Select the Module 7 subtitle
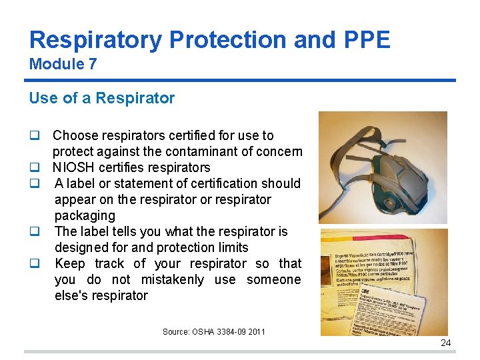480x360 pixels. [x=63, y=65]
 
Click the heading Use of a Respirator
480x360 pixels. [x=101, y=98]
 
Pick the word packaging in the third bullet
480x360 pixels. [x=85, y=215]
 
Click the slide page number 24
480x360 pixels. [x=445, y=343]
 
